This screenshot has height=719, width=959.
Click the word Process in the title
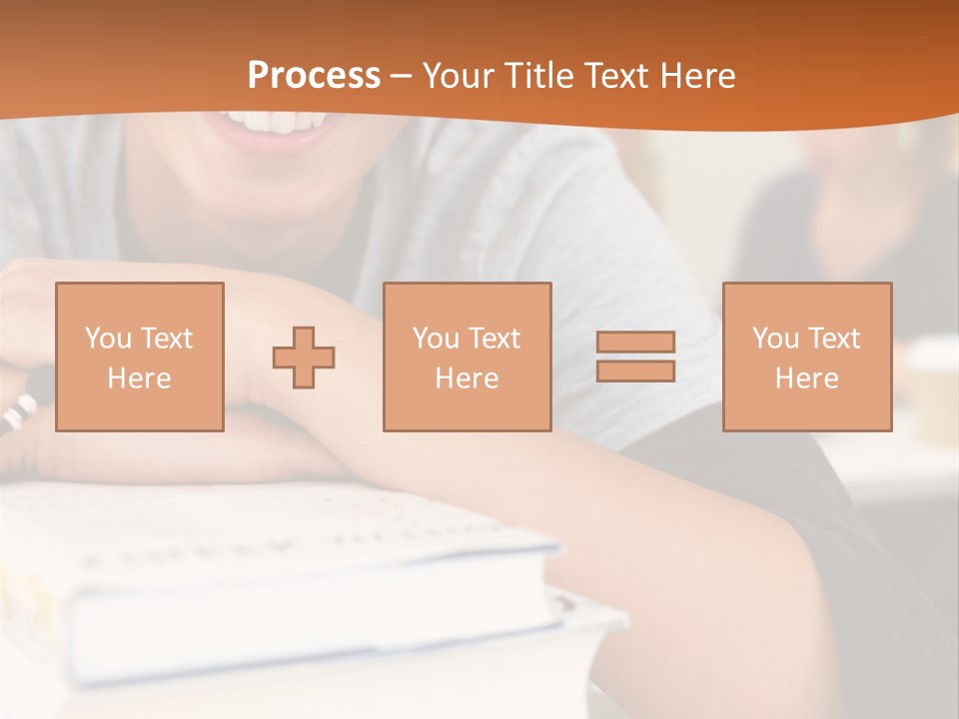(314, 76)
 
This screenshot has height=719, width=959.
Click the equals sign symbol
(635, 357)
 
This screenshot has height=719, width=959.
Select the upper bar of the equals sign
(635, 342)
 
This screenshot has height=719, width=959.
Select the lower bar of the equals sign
(635, 371)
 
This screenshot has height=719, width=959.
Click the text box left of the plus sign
(140, 358)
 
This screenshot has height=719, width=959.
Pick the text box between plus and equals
(467, 358)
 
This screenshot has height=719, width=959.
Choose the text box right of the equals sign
(807, 358)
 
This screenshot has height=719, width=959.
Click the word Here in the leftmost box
(139, 378)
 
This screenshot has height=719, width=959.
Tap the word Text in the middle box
(493, 339)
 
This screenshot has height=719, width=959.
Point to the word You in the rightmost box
(775, 339)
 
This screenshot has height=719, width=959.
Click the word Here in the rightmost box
(807, 378)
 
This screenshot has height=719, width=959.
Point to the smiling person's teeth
(272, 122)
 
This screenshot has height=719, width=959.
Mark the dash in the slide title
(401, 77)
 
